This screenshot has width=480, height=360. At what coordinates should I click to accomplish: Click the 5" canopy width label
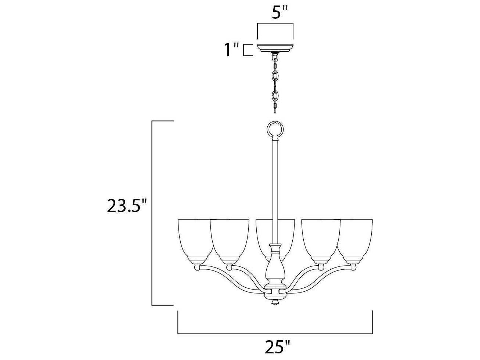[x=279, y=12]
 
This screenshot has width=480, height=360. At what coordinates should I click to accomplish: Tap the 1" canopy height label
[x=232, y=50]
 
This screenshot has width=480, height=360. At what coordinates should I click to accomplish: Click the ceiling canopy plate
[x=275, y=48]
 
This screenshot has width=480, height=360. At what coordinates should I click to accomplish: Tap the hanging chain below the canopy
[x=275, y=83]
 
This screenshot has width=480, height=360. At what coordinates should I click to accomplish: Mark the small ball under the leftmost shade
[x=197, y=268]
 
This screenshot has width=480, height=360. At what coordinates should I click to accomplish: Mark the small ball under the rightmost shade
[x=353, y=268]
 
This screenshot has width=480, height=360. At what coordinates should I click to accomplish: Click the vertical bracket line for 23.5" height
[x=152, y=213]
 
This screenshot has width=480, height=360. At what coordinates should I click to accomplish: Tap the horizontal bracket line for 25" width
[x=275, y=334]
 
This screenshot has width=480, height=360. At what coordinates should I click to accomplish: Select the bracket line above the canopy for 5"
[x=275, y=24]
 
